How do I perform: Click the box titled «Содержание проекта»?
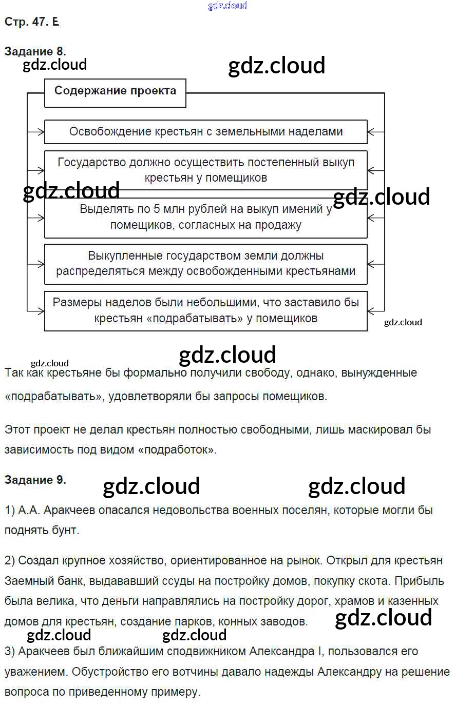[115, 91]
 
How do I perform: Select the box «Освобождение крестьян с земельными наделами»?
[206, 132]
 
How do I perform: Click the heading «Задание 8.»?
[35, 51]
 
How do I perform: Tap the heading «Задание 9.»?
[35, 480]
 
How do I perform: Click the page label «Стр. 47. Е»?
[31, 22]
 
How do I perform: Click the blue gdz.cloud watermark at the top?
[227, 6]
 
